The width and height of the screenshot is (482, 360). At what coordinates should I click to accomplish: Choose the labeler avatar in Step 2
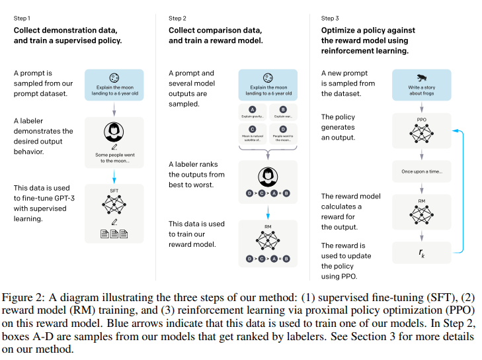click(268, 175)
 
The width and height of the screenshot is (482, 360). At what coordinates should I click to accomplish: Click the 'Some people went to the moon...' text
click(114, 158)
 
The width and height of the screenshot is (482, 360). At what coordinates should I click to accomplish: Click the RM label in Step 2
click(268, 226)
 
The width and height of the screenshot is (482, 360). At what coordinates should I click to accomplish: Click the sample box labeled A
click(252, 112)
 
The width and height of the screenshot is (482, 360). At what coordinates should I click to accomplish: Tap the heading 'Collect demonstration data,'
click(65, 30)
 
